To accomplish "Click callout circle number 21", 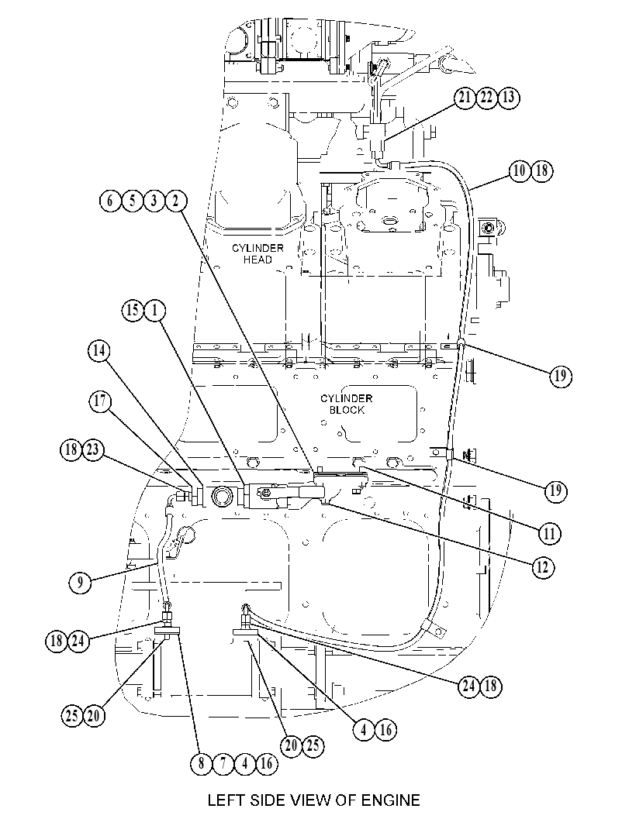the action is [465, 98].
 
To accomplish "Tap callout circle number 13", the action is [509, 98].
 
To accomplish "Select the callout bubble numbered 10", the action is [520, 170].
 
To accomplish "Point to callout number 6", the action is [110, 201].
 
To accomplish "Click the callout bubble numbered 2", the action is [176, 201].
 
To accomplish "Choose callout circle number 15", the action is [133, 311].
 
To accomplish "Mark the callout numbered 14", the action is [98, 351].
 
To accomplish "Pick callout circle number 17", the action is [100, 401].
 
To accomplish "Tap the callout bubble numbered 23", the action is [93, 450].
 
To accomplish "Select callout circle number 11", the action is [550, 534].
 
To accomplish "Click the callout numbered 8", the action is [202, 764].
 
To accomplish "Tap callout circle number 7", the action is [223, 764].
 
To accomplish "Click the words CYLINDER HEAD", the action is [257, 254].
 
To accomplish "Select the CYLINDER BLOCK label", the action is [347, 404].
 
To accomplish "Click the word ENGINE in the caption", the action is [387, 800].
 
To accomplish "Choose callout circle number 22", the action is [487, 98].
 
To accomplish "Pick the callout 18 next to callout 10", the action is [541, 170].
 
